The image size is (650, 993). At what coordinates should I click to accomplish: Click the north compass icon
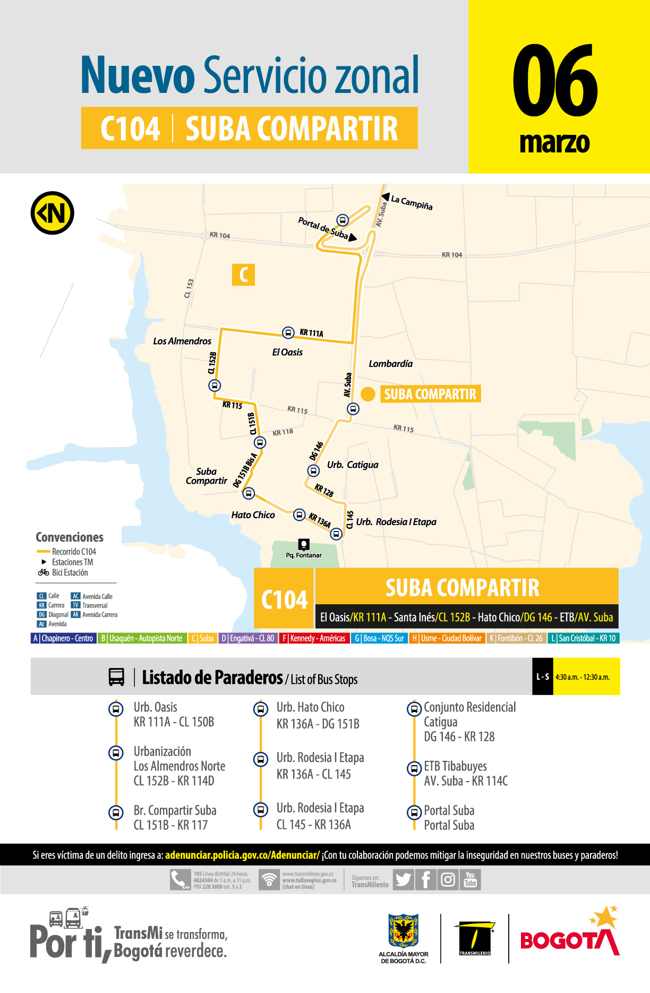coord(52,213)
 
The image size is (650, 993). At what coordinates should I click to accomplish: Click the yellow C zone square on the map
coord(244,275)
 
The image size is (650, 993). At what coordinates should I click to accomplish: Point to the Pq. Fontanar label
coord(304,555)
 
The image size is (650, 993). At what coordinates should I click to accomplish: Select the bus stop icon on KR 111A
coord(288,332)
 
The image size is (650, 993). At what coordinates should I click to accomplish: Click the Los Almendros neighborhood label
coord(182,341)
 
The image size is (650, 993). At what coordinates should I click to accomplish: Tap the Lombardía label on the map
coord(390,364)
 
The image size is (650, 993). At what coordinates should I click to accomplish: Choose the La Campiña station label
coord(412,202)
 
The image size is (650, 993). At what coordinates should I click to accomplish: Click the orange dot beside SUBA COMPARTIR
coord(368,394)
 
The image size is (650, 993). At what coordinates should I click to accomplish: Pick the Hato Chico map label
coord(253,515)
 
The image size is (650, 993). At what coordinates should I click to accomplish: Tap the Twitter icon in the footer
coord(404,880)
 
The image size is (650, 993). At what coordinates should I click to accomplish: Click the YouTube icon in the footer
coord(470,879)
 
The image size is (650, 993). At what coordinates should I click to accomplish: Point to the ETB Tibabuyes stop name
coord(455,766)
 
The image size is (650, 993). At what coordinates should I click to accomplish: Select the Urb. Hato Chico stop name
coord(310,707)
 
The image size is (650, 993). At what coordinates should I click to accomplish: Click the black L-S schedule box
coord(542,677)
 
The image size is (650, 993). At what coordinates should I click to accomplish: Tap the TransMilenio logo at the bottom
coord(475,939)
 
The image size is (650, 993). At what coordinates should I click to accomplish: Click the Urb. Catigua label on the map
coord(353,465)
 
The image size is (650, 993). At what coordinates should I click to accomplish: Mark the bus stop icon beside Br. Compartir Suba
coord(116,812)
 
